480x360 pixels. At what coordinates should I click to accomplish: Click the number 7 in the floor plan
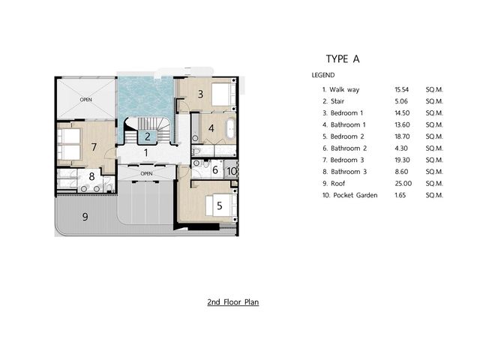[94, 147]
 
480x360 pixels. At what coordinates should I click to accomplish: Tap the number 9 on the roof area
[85, 217]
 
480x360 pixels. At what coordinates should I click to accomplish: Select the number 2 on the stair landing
[148, 136]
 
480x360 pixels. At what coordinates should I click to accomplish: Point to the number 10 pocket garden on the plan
[232, 171]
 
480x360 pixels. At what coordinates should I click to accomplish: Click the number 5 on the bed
[220, 205]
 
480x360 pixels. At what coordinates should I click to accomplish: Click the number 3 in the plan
[200, 94]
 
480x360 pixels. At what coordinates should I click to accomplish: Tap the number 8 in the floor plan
[91, 176]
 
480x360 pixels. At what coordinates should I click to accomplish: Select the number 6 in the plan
[215, 169]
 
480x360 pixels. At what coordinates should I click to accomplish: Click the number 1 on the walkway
[146, 152]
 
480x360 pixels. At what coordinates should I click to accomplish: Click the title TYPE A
[343, 58]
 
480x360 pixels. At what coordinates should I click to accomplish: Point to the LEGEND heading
[323, 75]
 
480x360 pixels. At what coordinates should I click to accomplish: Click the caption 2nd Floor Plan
[233, 302]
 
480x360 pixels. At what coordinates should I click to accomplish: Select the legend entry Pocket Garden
[355, 195]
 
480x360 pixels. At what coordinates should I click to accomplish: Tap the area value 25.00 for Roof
[403, 184]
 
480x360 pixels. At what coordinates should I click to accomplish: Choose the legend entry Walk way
[344, 90]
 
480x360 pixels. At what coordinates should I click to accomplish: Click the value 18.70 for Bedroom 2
[402, 136]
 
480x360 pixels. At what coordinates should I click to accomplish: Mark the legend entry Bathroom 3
[349, 172]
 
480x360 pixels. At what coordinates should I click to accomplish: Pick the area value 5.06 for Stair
[401, 101]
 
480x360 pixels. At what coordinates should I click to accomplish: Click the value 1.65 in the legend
[400, 195]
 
